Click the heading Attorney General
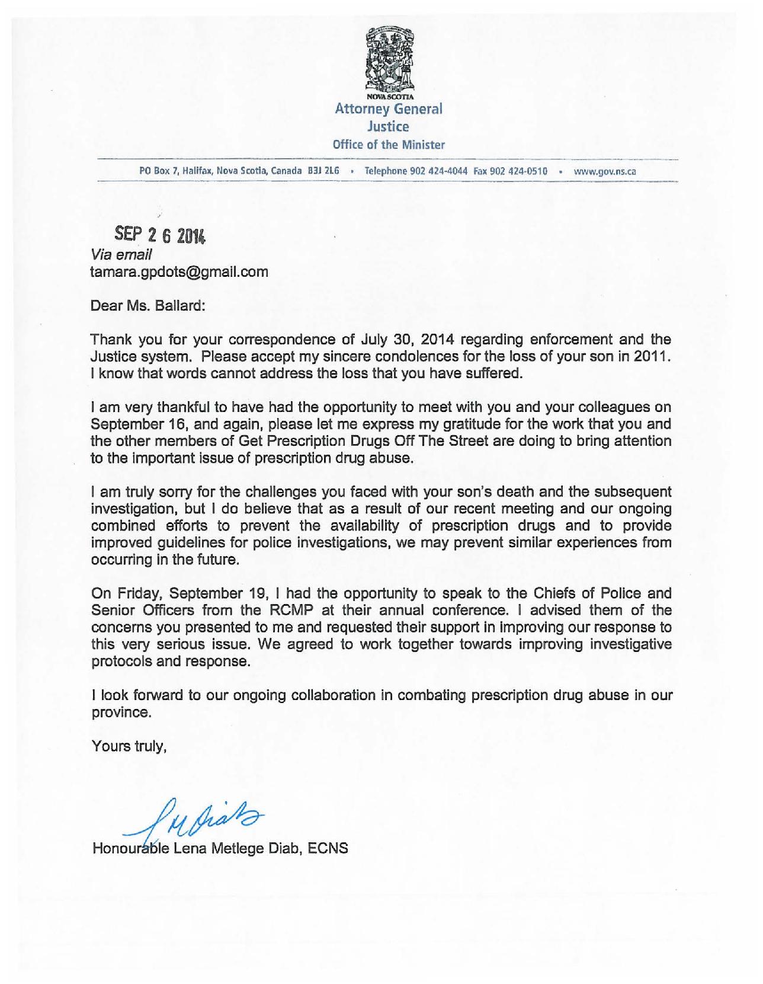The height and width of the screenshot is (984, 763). coord(389,109)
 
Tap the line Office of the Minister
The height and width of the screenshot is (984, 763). coord(389,145)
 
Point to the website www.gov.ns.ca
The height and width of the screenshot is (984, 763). coord(605,171)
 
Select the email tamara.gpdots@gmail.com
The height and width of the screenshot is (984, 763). coord(179,272)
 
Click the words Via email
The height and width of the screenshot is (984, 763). coord(121,255)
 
